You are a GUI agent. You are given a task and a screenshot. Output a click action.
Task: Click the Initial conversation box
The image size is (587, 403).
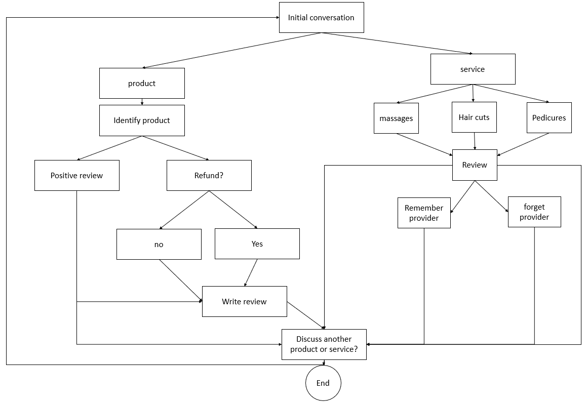[321, 18]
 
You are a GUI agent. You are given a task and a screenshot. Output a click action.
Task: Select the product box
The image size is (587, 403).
[142, 84]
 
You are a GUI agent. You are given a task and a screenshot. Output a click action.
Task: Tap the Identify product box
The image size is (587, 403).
[142, 120]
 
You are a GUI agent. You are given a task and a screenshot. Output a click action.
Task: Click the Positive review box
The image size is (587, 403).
[77, 176]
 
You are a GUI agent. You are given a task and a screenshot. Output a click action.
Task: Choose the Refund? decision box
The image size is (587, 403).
[209, 176]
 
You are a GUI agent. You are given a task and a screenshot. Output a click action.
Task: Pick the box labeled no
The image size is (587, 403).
[159, 245]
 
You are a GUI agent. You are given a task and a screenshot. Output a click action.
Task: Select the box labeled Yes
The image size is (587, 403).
[257, 244]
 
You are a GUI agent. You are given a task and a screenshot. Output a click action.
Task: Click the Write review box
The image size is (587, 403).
[244, 302]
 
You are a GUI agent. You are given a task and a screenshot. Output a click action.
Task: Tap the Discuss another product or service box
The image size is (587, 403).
[324, 344]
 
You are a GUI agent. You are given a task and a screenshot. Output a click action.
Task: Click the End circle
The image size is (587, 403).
[323, 383]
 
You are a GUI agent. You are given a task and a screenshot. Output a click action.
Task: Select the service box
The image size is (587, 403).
[473, 69]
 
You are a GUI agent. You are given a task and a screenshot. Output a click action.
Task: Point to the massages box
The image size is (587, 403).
[396, 118]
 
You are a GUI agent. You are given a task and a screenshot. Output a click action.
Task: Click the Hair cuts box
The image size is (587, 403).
[474, 117]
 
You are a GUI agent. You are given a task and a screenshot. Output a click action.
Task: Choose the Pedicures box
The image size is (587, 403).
[549, 118]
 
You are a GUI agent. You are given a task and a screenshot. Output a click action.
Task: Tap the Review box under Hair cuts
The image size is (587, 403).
[475, 165]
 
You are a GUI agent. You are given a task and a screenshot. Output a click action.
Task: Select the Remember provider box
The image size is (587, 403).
[424, 213]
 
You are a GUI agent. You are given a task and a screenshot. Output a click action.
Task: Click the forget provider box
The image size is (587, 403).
[534, 212]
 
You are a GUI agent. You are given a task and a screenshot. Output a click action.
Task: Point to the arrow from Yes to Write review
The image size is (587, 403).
[251, 273]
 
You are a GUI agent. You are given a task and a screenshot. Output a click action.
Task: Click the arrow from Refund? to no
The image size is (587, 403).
[184, 210]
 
